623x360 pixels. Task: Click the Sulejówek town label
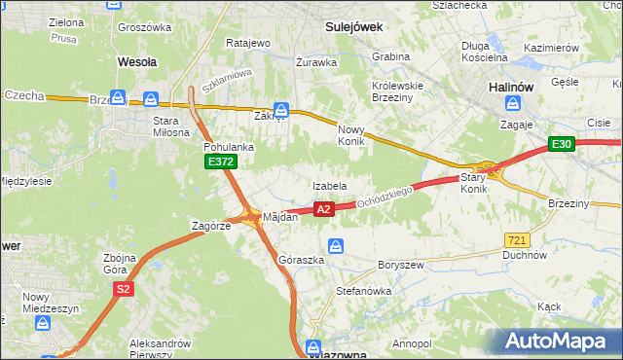(x=352, y=27)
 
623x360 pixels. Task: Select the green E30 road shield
(x=561, y=144)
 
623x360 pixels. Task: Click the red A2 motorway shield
(x=324, y=208)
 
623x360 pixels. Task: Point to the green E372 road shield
(x=220, y=162)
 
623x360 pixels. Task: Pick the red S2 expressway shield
(x=123, y=289)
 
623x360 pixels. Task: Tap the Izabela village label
(x=330, y=185)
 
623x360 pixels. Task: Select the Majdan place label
(x=279, y=217)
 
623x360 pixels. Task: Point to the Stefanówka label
(x=363, y=290)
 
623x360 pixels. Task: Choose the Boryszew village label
(x=399, y=265)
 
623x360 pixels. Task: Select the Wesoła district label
(x=136, y=61)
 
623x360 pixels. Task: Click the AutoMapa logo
(x=560, y=341)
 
